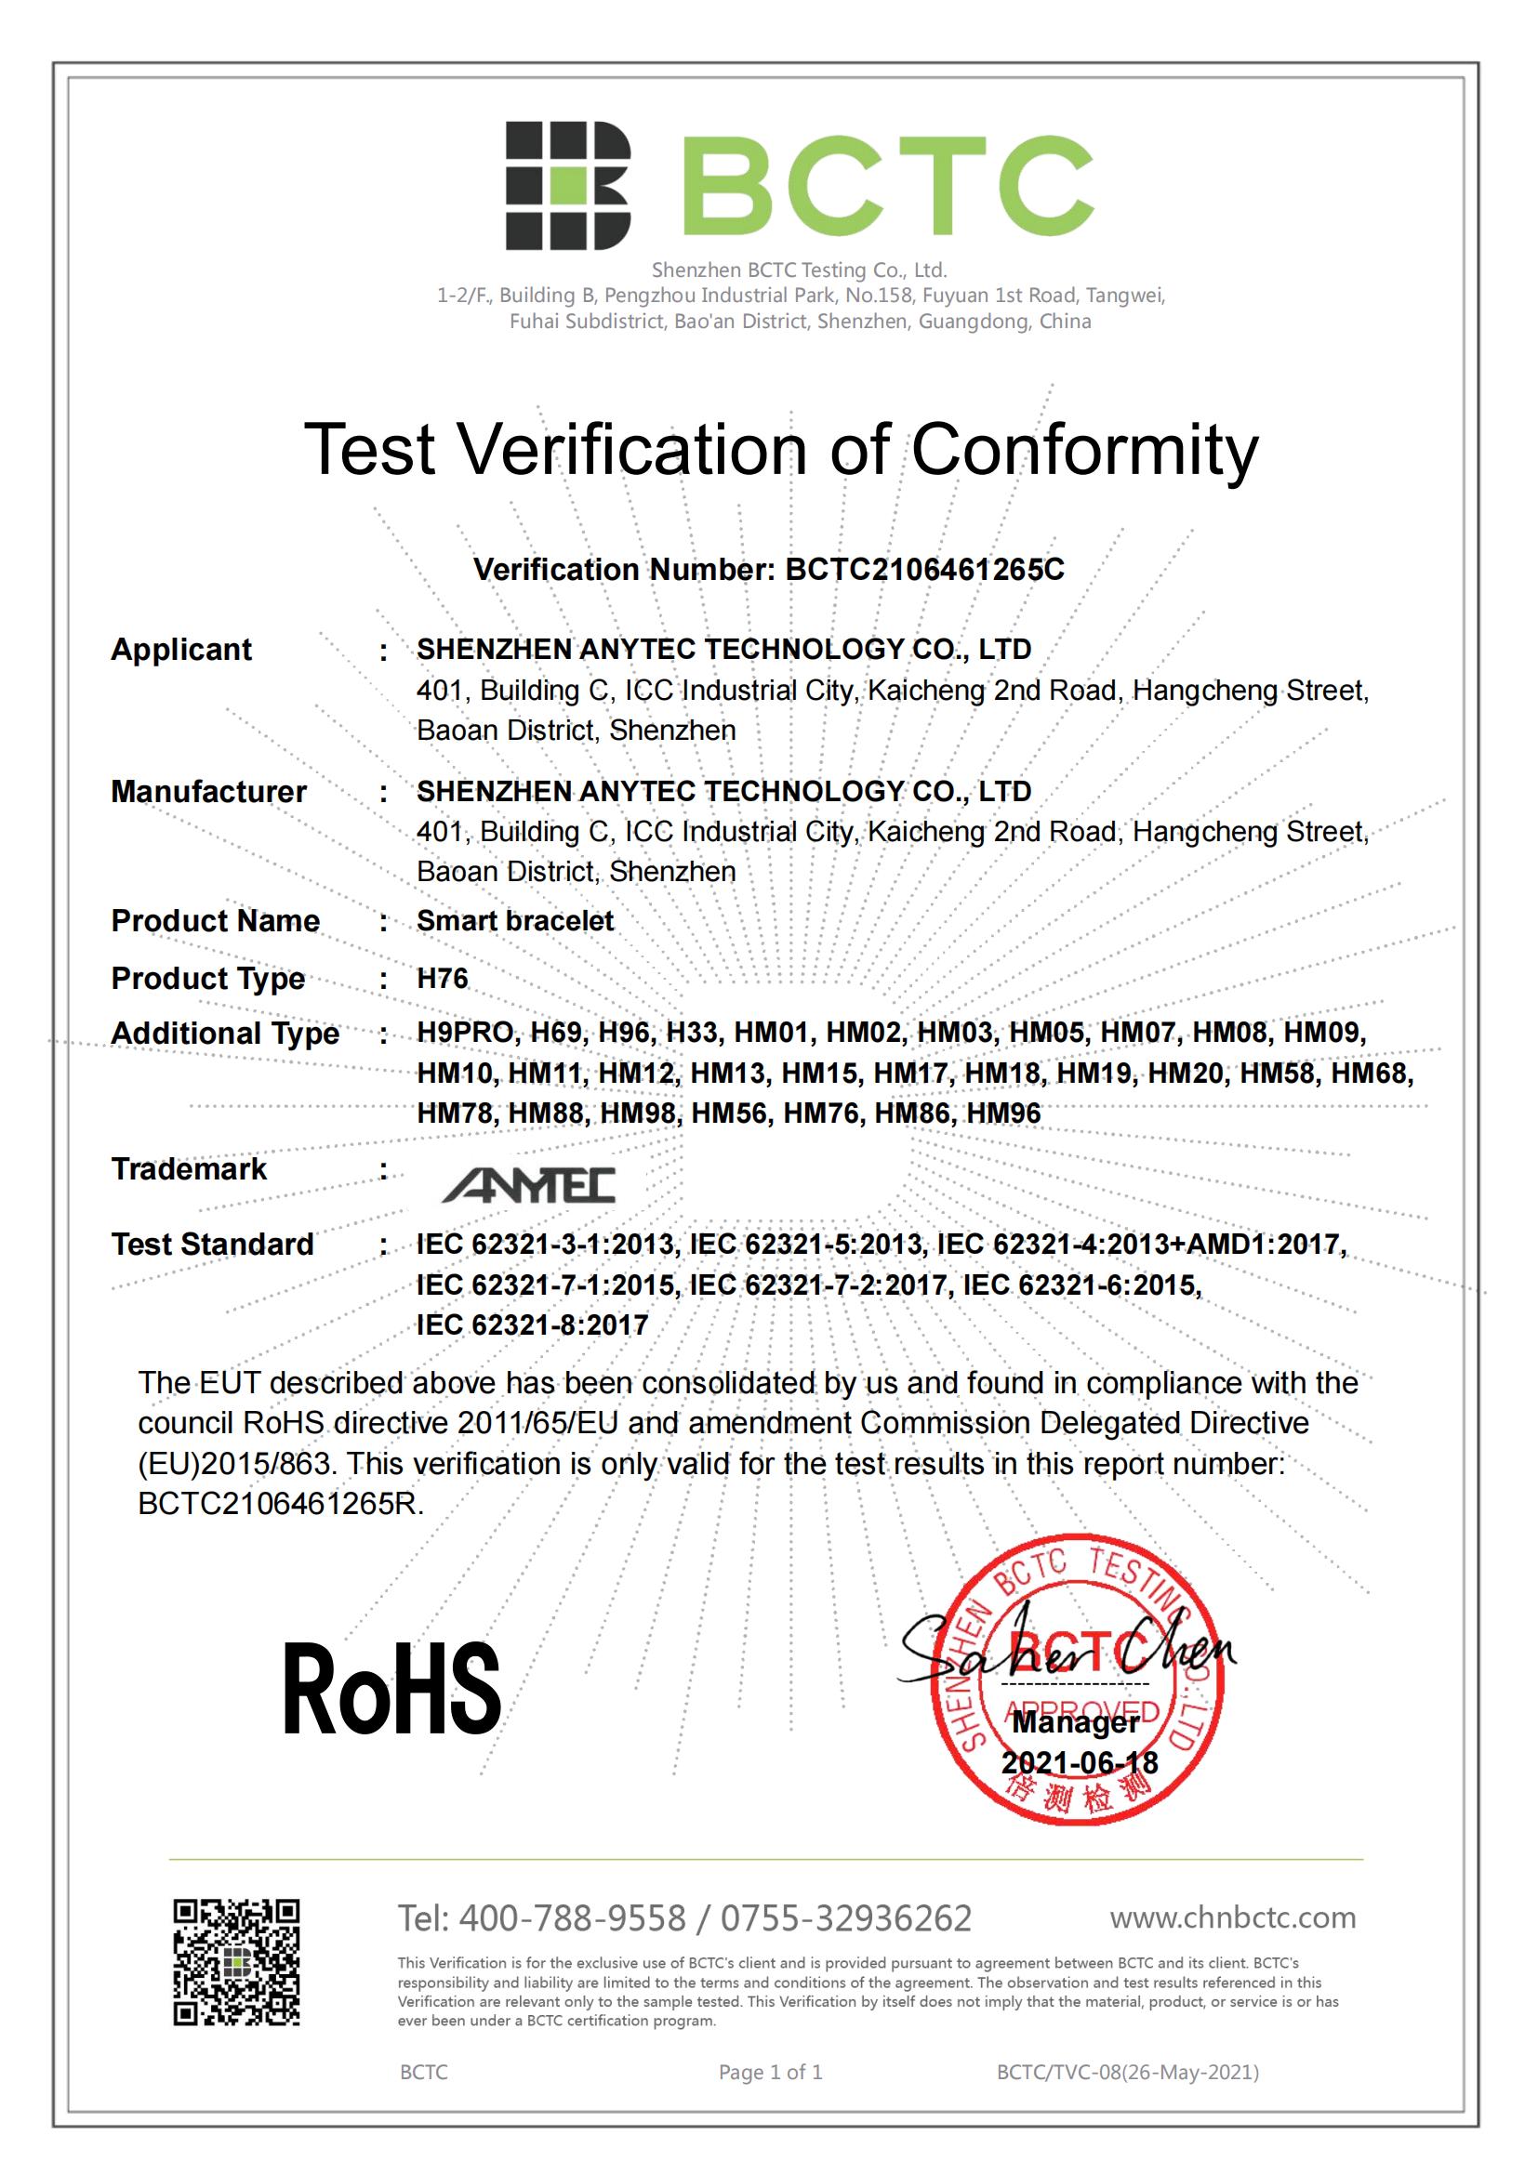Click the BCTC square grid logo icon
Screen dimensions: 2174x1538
tap(567, 186)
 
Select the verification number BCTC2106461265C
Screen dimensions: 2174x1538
tap(924, 569)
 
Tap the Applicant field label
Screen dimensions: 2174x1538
tap(181, 650)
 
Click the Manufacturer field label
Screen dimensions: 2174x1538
tap(208, 792)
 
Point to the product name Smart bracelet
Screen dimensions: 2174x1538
tap(515, 920)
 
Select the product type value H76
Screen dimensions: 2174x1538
tap(443, 978)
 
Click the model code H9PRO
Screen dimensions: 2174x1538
tap(466, 1032)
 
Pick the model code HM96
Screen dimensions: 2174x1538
tap(1003, 1113)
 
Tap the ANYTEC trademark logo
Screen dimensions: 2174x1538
tap(528, 1184)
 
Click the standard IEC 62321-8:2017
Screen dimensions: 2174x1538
tap(532, 1324)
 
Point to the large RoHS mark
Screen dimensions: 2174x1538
tap(391, 1689)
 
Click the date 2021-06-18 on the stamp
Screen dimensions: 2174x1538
tap(1080, 1762)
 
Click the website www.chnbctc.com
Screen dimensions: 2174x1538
tap(1233, 1917)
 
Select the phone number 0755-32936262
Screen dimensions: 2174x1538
tap(845, 1918)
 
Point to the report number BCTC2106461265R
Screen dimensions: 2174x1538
tap(280, 1504)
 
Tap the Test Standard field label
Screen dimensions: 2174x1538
tap(212, 1245)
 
